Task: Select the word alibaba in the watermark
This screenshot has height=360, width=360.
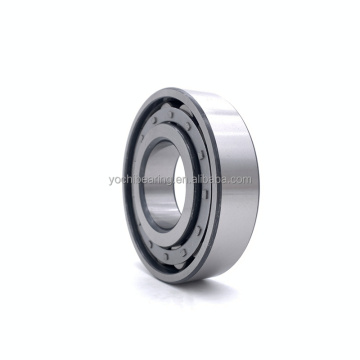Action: [199, 180]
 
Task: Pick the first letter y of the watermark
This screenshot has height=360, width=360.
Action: [111, 181]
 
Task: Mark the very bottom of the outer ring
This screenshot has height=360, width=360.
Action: [185, 283]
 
